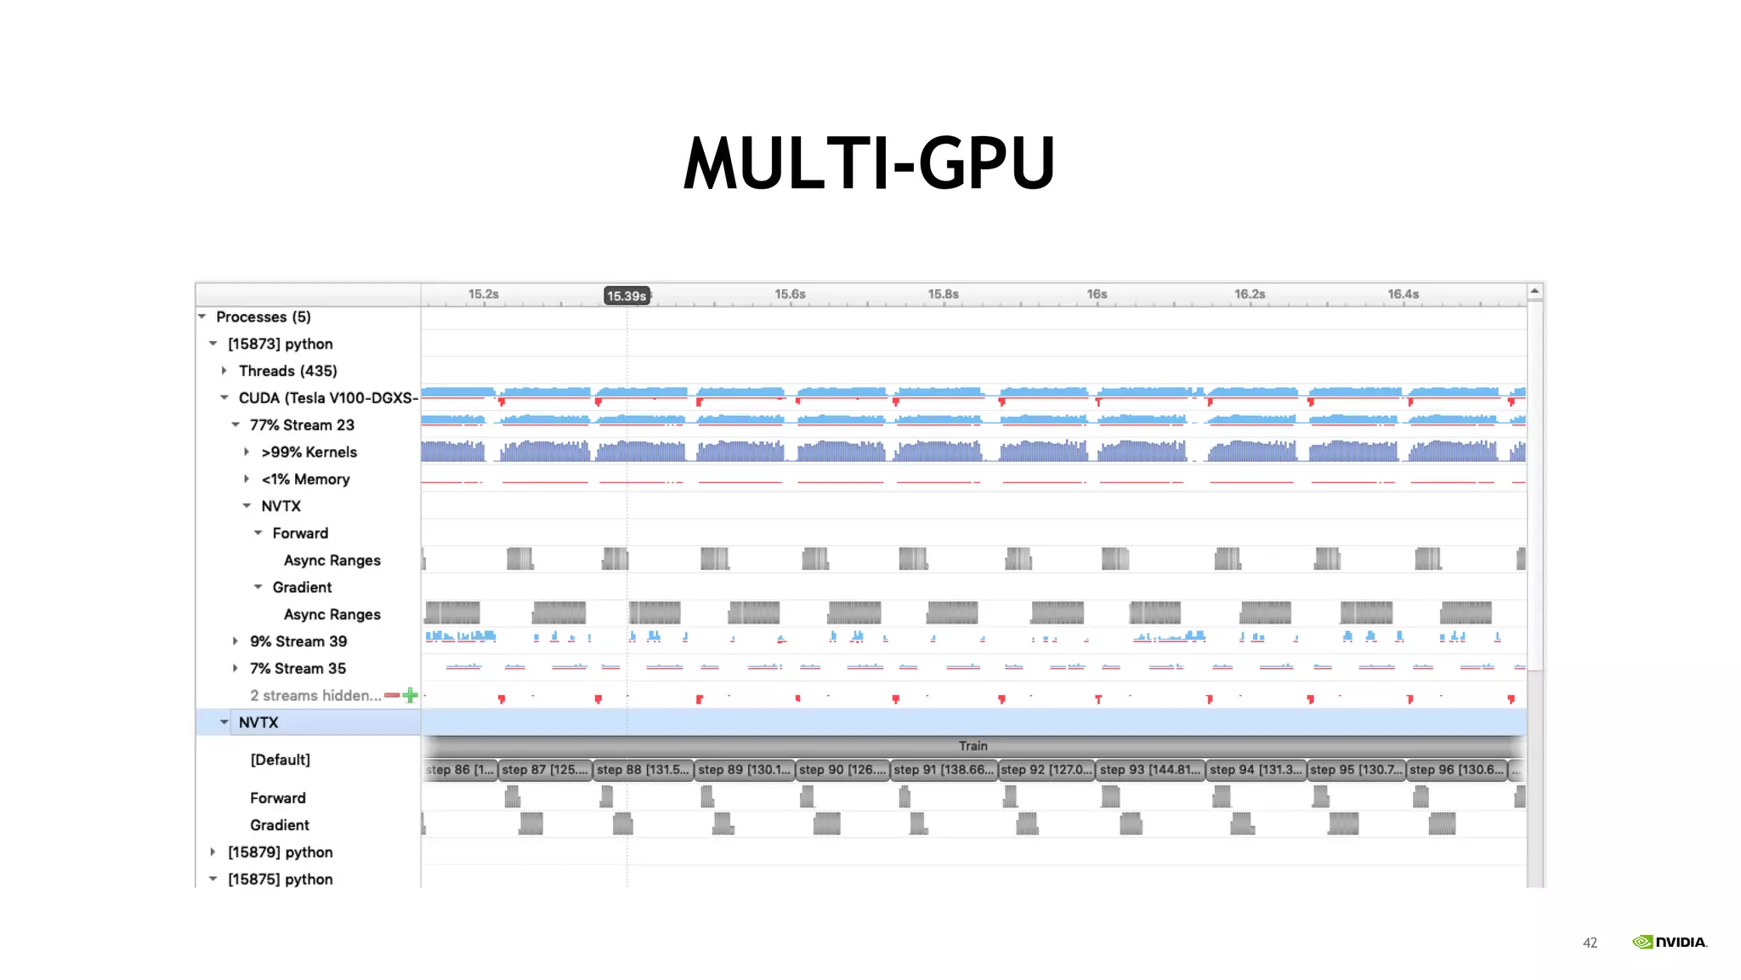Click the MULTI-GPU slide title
pyautogui.click(x=869, y=162)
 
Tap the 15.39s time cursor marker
pyautogui.click(x=627, y=296)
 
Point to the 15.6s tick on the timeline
pyautogui.click(x=790, y=294)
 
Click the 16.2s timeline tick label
pyautogui.click(x=1250, y=294)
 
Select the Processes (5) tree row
pyautogui.click(x=263, y=316)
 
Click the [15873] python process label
pyautogui.click(x=280, y=344)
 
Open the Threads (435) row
pyautogui.click(x=287, y=371)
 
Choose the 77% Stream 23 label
pyautogui.click(x=302, y=424)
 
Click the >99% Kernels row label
pyautogui.click(x=309, y=452)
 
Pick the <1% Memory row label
pyautogui.click(x=305, y=479)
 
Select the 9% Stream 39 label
pyautogui.click(x=298, y=641)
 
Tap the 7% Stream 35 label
pyautogui.click(x=298, y=669)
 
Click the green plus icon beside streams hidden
pyautogui.click(x=411, y=695)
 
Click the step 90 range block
pyautogui.click(x=842, y=770)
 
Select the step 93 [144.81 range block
pyautogui.click(x=1149, y=770)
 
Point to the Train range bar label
pyautogui.click(x=973, y=746)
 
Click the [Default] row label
pyautogui.click(x=280, y=760)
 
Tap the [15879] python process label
pyautogui.click(x=280, y=852)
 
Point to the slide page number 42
pyautogui.click(x=1590, y=943)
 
